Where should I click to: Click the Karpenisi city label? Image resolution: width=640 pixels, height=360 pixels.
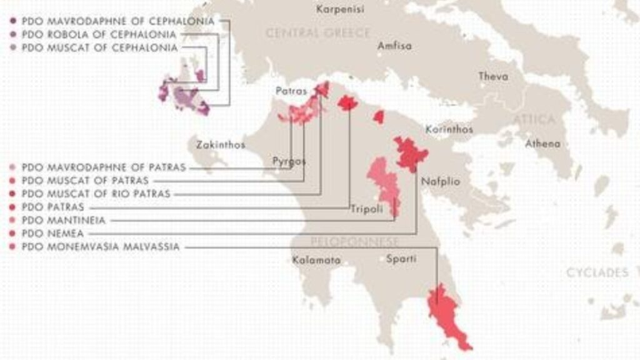coord(341,9)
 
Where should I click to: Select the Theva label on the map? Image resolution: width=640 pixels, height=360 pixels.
coord(493,76)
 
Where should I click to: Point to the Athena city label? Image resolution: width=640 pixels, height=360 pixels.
coord(542,144)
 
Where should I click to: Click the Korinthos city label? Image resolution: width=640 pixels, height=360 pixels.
coord(449,129)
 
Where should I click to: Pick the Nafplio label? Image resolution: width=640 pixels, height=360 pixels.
coord(440,182)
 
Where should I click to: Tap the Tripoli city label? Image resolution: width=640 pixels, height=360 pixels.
coord(366,209)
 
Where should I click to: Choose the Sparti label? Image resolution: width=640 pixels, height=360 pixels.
coord(401,258)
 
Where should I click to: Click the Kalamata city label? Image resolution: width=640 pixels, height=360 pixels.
coord(317,259)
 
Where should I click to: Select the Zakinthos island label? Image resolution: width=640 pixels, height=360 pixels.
coord(221,145)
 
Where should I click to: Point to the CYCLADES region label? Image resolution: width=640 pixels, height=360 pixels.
coord(597,272)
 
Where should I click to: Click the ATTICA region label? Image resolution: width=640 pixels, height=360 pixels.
coord(534,119)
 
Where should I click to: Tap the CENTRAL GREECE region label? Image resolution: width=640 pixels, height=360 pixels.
coord(318,33)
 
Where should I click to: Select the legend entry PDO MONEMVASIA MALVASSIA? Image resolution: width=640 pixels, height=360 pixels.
coord(100,247)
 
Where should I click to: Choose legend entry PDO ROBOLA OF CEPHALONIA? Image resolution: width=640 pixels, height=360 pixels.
coord(99,34)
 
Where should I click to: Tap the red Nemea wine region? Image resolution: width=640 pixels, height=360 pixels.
coord(410,154)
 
